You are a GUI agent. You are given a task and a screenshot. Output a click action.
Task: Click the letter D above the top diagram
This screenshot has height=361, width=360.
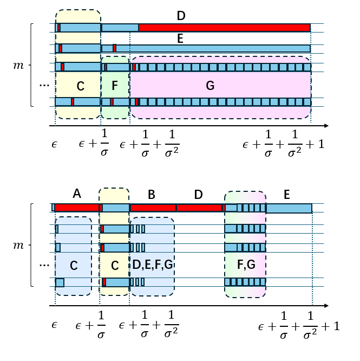[181, 15]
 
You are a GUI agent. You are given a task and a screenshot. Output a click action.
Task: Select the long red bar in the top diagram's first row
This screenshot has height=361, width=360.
[224, 27]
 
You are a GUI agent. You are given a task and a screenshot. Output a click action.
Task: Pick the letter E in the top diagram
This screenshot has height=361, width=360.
[181, 38]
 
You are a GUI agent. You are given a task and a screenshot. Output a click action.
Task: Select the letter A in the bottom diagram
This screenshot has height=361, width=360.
[76, 194]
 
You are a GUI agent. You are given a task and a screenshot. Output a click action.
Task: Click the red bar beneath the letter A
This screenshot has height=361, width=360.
[76, 208]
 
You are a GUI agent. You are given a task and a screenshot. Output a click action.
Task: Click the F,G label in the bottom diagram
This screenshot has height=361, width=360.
[245, 266]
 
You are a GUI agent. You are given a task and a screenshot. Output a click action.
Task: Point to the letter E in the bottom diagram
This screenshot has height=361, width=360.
[286, 194]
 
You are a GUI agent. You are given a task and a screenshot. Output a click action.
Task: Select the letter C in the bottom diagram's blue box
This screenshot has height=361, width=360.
[74, 266]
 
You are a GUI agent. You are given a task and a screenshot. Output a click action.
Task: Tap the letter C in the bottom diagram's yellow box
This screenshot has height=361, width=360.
[114, 266]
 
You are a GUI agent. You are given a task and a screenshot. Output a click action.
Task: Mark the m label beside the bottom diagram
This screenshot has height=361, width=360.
[19, 246]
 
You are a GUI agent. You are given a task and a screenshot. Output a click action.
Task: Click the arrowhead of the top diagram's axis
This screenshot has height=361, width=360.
[326, 126]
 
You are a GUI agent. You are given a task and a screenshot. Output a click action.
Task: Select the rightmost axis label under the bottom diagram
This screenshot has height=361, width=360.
[299, 326]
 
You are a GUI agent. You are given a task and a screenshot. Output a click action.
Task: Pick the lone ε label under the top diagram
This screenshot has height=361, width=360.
[55, 145]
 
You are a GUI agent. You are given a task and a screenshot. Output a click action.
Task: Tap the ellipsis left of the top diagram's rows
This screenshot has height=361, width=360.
[44, 85]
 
